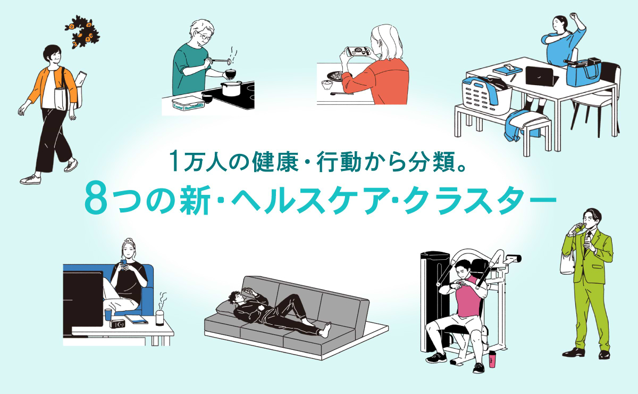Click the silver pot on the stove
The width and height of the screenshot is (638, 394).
[231, 88]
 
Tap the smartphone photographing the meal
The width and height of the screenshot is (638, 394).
[357, 52]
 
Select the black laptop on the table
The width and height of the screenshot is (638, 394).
[541, 77]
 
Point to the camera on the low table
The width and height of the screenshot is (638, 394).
[117, 323]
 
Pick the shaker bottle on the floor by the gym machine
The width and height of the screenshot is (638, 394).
[491, 359]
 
